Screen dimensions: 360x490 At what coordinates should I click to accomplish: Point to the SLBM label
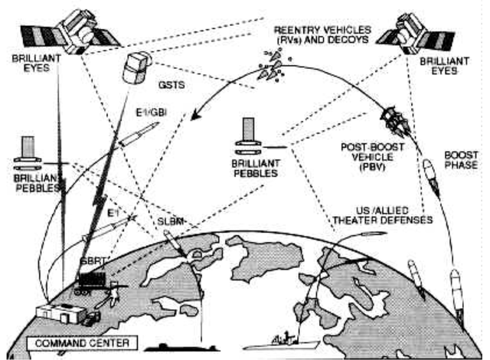pos(168,222)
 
